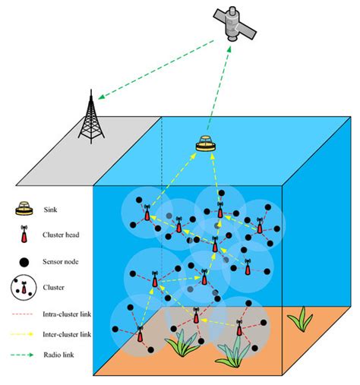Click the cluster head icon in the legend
tap(27, 235)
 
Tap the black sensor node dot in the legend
tap(26, 262)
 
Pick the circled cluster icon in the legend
tap(26, 288)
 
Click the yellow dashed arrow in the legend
tap(26, 333)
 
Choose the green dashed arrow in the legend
tap(26, 354)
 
